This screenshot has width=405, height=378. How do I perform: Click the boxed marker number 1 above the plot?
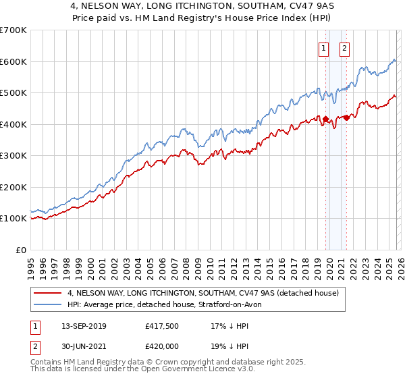click(324, 48)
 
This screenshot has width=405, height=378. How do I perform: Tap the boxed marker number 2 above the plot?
click(344, 48)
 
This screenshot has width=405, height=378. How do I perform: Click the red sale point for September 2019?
click(325, 119)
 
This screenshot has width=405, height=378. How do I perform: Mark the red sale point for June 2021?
click(346, 117)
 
